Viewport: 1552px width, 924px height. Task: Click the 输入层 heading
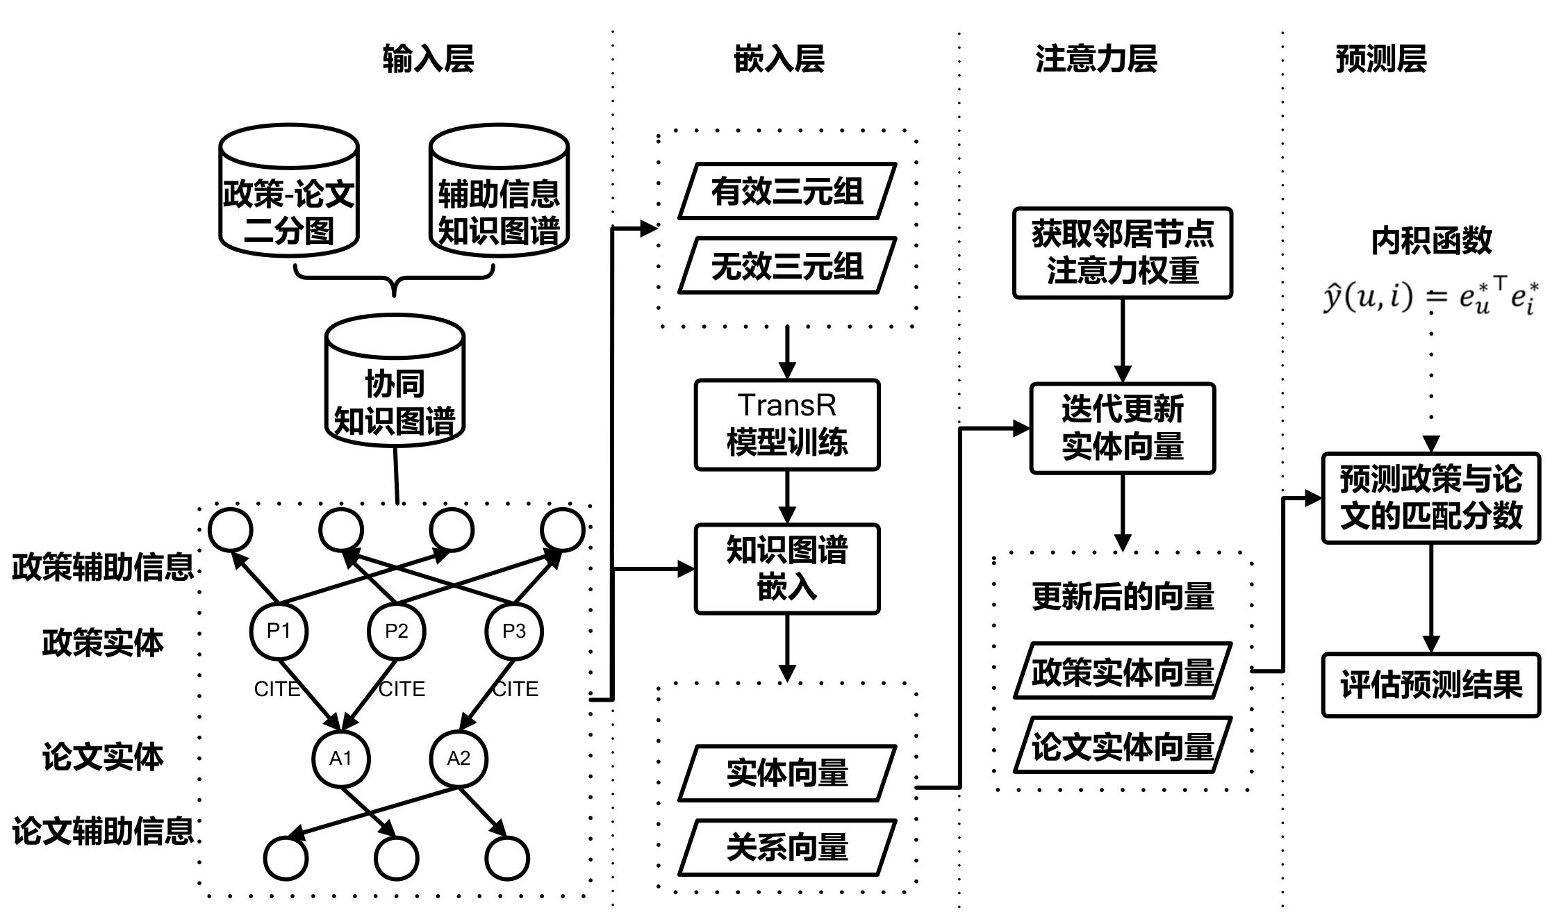[x=428, y=58]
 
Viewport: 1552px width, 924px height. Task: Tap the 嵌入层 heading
[x=779, y=58]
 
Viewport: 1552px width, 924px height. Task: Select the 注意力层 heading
[x=1096, y=58]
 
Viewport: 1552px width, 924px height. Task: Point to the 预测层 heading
[x=1380, y=58]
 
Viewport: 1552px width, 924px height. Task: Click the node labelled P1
[x=279, y=632]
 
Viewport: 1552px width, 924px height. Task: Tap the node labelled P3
[x=514, y=632]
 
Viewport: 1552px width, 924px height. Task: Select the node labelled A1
[x=340, y=759]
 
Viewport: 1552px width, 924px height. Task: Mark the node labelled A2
[x=459, y=759]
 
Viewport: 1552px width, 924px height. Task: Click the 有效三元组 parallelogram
[x=787, y=191]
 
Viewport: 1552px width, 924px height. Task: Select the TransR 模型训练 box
[x=787, y=424]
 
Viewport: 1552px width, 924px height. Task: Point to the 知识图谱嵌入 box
[x=787, y=569]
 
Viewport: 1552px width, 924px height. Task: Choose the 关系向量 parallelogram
[x=787, y=848]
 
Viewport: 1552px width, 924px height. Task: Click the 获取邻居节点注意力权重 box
[x=1122, y=253]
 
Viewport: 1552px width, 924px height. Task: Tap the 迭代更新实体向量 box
[x=1122, y=428]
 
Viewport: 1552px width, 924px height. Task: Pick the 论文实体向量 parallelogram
[x=1122, y=745]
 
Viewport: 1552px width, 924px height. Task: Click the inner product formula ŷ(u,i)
[x=1430, y=297]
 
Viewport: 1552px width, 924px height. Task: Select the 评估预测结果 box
[x=1430, y=685]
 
